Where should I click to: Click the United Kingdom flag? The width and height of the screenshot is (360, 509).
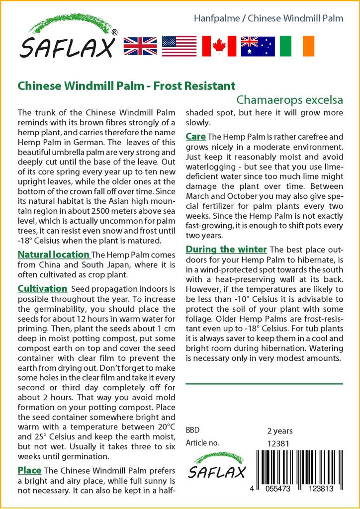click(x=140, y=46)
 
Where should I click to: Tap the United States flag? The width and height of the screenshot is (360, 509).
click(x=179, y=46)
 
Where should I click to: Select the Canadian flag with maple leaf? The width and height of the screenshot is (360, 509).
click(x=219, y=46)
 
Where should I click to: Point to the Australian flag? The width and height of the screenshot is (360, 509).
click(x=258, y=46)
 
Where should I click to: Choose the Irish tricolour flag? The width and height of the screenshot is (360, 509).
click(x=297, y=46)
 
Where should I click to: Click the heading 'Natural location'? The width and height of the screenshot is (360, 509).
click(x=53, y=254)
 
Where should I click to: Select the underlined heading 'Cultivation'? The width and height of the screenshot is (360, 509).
click(x=42, y=289)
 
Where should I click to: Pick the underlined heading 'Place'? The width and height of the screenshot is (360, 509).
click(x=29, y=470)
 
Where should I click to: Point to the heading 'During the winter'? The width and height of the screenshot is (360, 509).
click(x=226, y=249)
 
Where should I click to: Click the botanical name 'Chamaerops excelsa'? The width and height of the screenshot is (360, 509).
click(x=290, y=99)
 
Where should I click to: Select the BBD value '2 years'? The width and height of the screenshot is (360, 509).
click(x=280, y=430)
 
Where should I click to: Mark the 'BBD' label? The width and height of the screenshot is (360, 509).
click(x=193, y=430)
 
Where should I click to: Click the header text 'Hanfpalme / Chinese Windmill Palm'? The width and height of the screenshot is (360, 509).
click(x=269, y=18)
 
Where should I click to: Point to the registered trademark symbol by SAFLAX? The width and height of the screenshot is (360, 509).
click(x=115, y=32)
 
